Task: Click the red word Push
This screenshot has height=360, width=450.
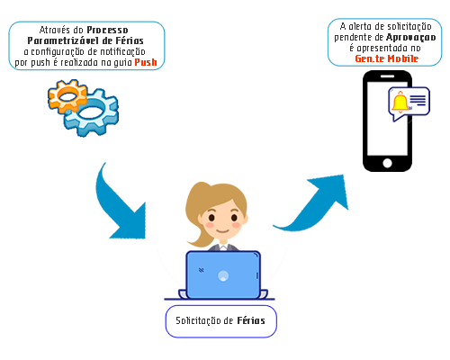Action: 146,62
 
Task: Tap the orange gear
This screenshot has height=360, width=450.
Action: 67,96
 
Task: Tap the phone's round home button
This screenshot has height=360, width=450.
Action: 387,164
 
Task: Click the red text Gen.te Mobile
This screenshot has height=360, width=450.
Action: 387,58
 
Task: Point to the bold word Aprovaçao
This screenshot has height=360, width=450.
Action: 411,38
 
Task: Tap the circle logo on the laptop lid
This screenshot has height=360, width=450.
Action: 223,275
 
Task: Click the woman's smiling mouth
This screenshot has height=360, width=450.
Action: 223,230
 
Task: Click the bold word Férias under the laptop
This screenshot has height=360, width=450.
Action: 251,320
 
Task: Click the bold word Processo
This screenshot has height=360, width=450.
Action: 107,30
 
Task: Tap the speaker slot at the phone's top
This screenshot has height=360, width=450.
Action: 387,76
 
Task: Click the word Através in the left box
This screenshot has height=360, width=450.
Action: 56,30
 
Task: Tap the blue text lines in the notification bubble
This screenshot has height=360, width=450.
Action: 418,101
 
